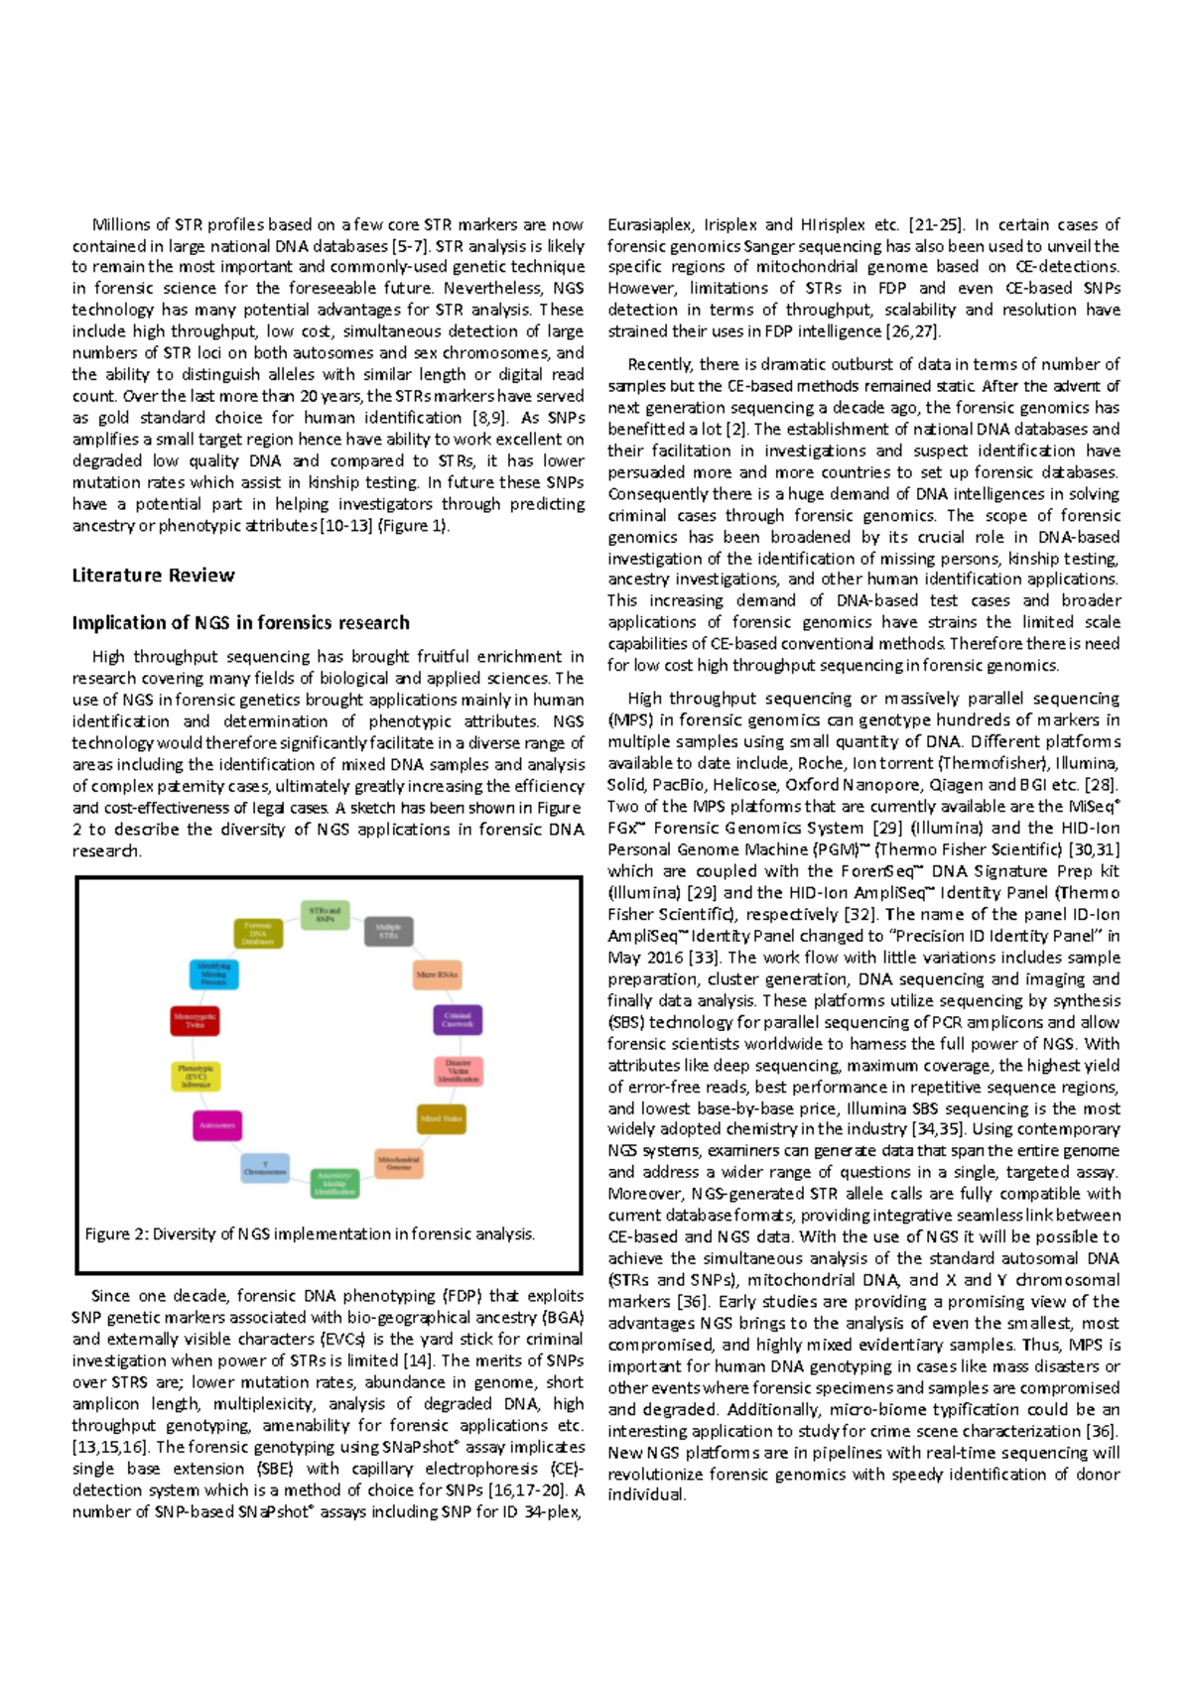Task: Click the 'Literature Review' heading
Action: pyautogui.click(x=153, y=576)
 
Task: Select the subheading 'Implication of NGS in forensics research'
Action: pyautogui.click(x=240, y=623)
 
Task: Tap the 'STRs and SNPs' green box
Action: pyautogui.click(x=325, y=915)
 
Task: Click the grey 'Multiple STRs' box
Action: pyautogui.click(x=388, y=932)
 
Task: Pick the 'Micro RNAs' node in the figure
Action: pyautogui.click(x=437, y=974)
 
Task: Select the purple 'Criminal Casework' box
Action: pyautogui.click(x=458, y=1019)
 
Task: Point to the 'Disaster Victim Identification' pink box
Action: pyautogui.click(x=459, y=1071)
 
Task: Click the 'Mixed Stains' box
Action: pyautogui.click(x=441, y=1118)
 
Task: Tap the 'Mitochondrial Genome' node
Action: pyautogui.click(x=399, y=1163)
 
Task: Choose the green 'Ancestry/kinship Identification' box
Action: pyautogui.click(x=334, y=1183)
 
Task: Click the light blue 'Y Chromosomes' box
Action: pyautogui.click(x=265, y=1168)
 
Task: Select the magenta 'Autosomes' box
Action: pyautogui.click(x=216, y=1125)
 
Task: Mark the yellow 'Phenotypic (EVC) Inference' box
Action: pyautogui.click(x=196, y=1077)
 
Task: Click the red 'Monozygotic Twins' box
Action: pyautogui.click(x=195, y=1020)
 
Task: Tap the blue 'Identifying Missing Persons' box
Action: pyautogui.click(x=213, y=973)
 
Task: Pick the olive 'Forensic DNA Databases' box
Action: pyautogui.click(x=258, y=934)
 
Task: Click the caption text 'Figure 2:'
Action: pyautogui.click(x=116, y=1234)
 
